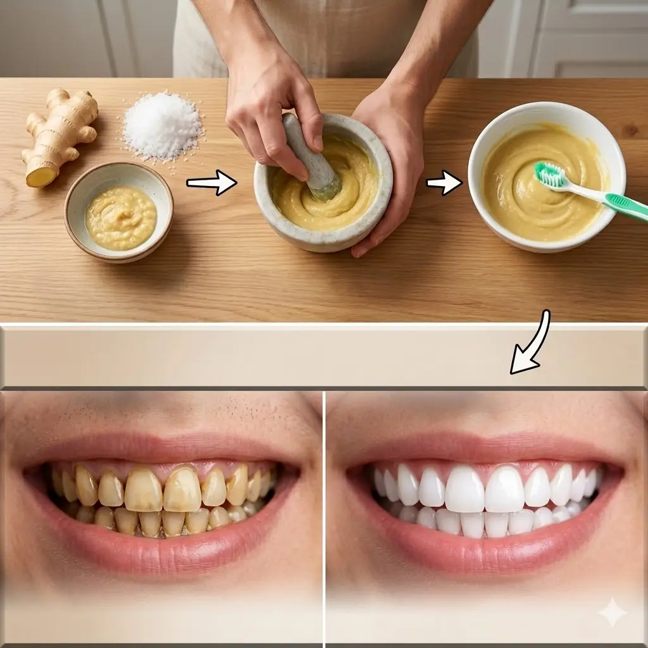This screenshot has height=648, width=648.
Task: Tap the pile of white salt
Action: (x=163, y=125)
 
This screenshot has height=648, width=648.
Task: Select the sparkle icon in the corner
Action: (x=612, y=613)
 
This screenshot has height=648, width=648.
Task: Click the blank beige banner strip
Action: (x=253, y=356)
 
